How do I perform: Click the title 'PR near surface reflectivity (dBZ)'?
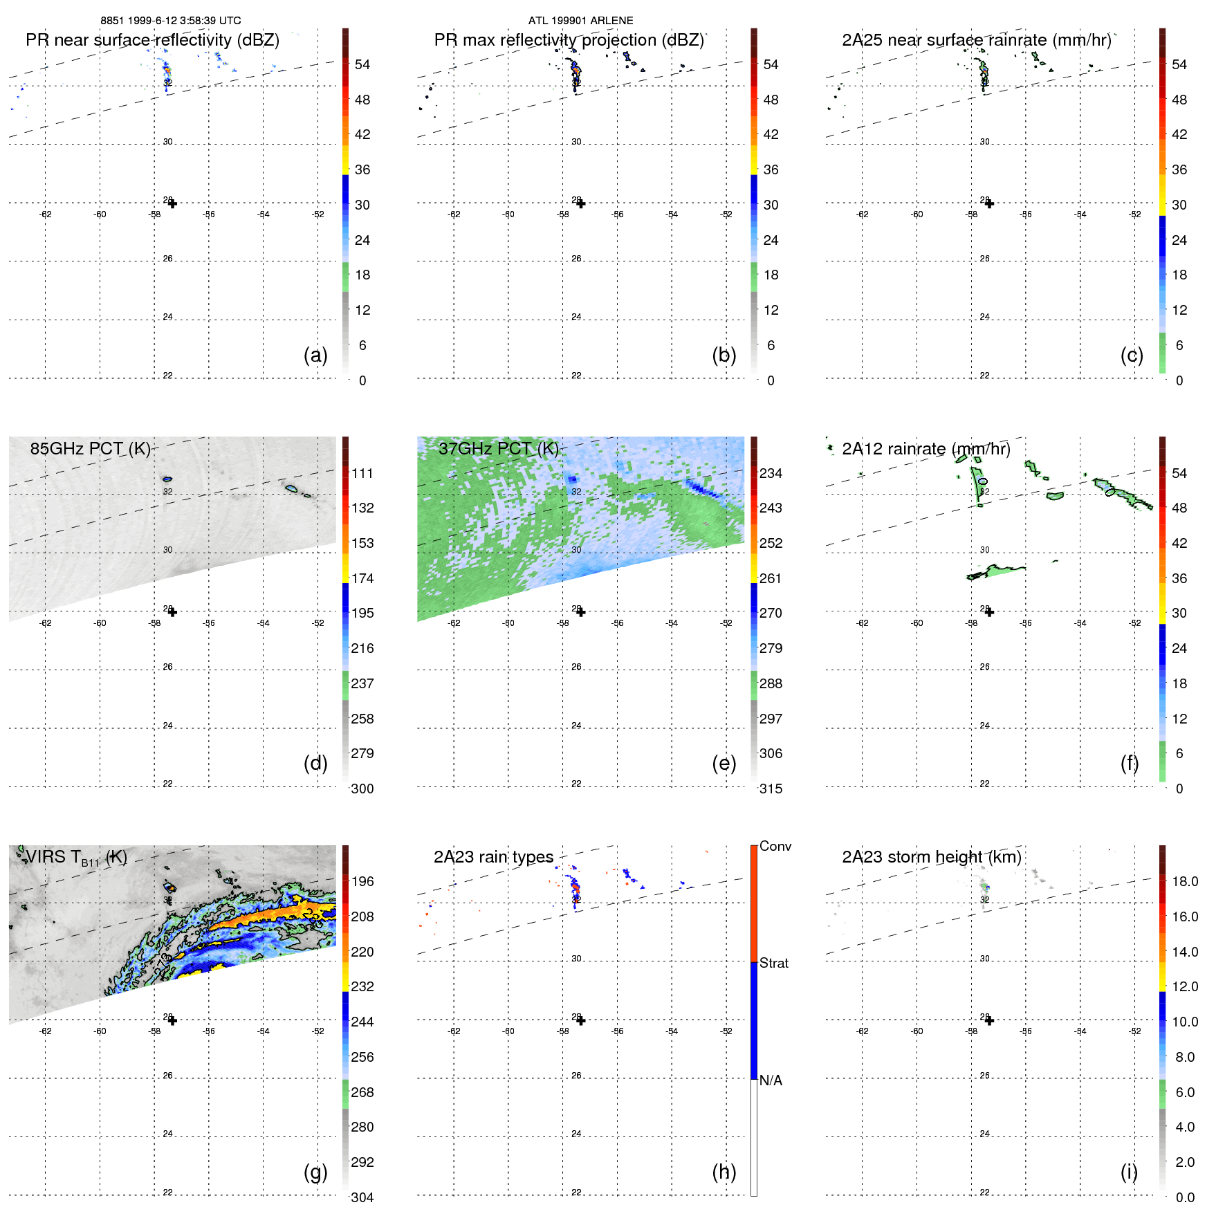(152, 40)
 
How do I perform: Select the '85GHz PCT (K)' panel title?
(90, 449)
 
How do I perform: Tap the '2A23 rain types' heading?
(493, 857)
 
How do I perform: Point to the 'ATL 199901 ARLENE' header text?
(580, 21)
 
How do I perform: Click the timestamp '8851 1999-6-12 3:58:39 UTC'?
(171, 21)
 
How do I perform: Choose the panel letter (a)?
(315, 355)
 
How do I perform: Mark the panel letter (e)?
(724, 763)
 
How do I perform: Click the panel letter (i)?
(1129, 1172)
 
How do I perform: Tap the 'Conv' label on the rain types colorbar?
(775, 846)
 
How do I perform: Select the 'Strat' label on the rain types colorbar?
(773, 963)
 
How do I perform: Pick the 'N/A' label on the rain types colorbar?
(771, 1080)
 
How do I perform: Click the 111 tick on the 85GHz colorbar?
(362, 473)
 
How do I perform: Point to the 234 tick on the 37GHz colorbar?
(771, 473)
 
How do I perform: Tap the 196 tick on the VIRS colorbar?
(362, 881)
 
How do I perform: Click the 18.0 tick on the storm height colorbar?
(1184, 881)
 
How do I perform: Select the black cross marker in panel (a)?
(172, 203)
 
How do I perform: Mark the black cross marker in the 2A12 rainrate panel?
(989, 612)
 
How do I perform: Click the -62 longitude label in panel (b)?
(454, 214)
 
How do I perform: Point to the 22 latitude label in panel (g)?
(167, 1192)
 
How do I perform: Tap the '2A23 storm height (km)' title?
(931, 857)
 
